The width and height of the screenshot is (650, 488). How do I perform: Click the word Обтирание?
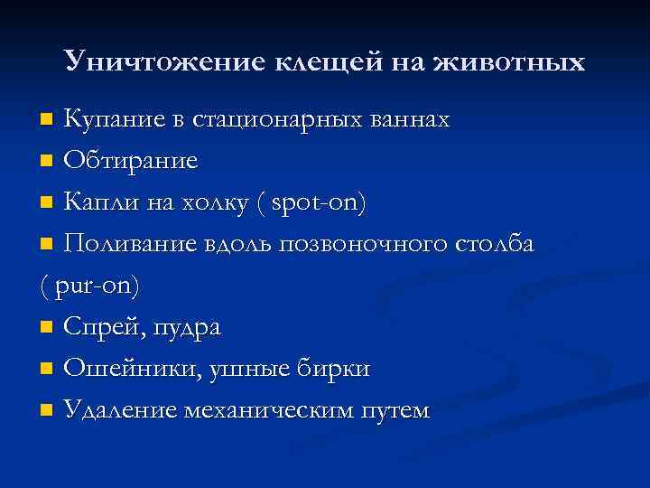(x=131, y=161)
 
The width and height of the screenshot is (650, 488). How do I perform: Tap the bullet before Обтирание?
(x=47, y=162)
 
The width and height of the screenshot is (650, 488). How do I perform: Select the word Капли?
(x=97, y=202)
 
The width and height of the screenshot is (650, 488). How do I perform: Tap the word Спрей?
(x=98, y=327)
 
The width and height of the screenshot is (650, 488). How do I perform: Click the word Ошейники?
(x=127, y=369)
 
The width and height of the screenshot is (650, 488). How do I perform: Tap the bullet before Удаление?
(x=47, y=411)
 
